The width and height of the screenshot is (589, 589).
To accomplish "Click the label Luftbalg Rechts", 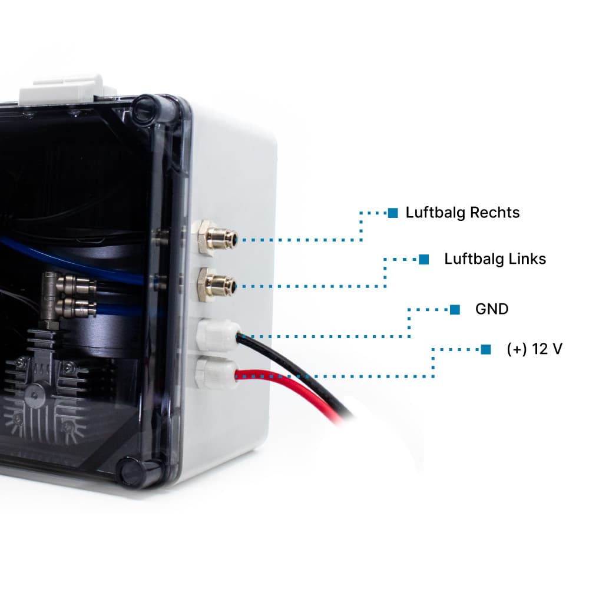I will pos(462,213).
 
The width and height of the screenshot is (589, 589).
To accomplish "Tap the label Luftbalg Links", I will pos(495,259).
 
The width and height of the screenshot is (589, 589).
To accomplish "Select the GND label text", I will pos(491,309).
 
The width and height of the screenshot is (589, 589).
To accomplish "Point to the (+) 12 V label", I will pos(534,349).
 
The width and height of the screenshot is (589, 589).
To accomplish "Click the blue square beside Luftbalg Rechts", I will pos(393,213).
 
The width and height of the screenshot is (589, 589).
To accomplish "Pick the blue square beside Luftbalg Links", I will pos(423,259).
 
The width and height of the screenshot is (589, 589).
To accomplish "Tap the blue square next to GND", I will pos(455,309).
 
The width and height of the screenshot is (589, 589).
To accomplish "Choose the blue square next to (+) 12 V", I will pos(485,349).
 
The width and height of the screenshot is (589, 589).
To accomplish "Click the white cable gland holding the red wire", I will pos(214,372).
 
